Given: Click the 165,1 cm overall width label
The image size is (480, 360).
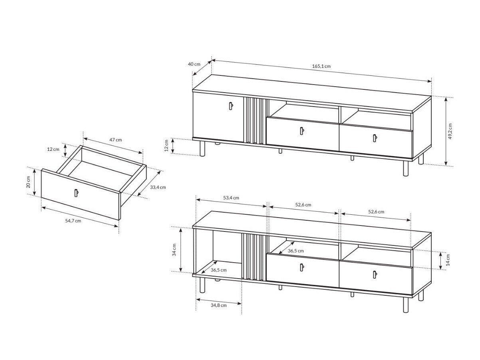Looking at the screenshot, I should coord(321,66).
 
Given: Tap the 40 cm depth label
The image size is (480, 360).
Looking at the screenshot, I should coord(194,64).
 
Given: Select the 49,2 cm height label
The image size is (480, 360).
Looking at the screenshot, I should coord(450,131).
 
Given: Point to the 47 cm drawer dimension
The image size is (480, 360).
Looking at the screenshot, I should coord(115,140).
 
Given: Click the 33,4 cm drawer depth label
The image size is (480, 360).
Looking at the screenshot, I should coord(158,187).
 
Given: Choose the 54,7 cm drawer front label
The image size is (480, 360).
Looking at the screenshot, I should coord(73,220).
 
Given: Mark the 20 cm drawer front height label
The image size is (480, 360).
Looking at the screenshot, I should coord(28,182).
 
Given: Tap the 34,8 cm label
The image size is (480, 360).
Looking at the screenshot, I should coord(218,305).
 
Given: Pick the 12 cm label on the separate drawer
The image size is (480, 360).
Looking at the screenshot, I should coord(53,149).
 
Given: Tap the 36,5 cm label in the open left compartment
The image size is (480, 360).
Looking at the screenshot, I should coord(218,270).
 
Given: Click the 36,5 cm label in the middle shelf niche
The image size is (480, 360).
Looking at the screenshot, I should coord(296,251).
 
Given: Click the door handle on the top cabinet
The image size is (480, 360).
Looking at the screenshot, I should coord(230,105).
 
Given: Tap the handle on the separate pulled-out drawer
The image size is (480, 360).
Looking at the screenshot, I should coord(75,193).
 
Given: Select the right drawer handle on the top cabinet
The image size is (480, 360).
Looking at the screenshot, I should coord(375,138).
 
